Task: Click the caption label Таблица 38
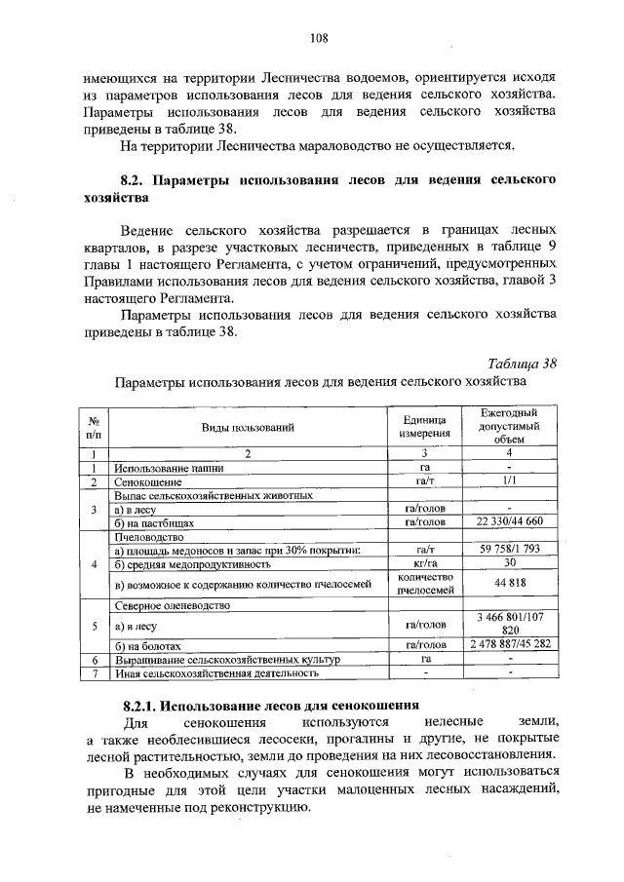(x=523, y=364)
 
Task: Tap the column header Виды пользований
(x=248, y=427)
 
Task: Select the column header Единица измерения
(x=423, y=426)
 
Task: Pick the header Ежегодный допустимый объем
(x=509, y=426)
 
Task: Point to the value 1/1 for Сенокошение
(x=509, y=481)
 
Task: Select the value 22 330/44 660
(x=509, y=522)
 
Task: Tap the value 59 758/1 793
(x=509, y=550)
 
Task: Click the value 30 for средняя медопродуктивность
(x=509, y=563)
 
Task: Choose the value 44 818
(x=509, y=584)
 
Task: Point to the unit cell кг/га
(x=423, y=563)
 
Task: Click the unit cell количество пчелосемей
(x=423, y=584)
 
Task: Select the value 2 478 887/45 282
(x=509, y=645)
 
